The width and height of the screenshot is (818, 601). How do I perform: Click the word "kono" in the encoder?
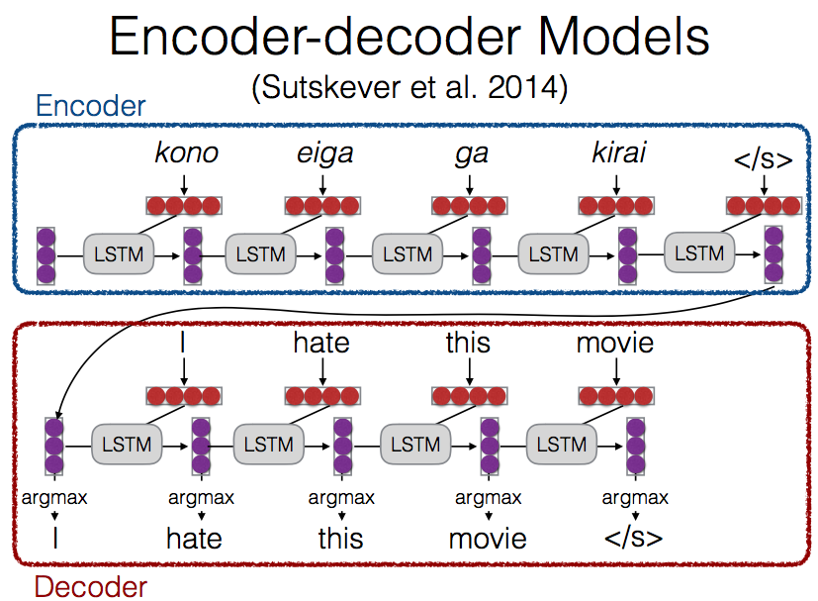pyautogui.click(x=186, y=155)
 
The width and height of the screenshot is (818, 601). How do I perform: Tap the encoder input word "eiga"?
pyautogui.click(x=323, y=155)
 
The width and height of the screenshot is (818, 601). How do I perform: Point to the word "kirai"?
pyautogui.click(x=615, y=155)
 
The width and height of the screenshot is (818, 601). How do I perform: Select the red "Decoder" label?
pyautogui.click(x=90, y=586)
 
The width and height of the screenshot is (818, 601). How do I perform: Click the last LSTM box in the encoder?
pyautogui.click(x=699, y=253)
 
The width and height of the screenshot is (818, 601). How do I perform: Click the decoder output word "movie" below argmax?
pyautogui.click(x=488, y=539)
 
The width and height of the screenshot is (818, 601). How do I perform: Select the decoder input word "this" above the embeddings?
pyautogui.click(x=468, y=343)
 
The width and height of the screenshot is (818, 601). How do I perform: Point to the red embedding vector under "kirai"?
pyautogui.click(x=615, y=206)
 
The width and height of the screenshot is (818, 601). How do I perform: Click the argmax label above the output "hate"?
pyautogui.click(x=202, y=498)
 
